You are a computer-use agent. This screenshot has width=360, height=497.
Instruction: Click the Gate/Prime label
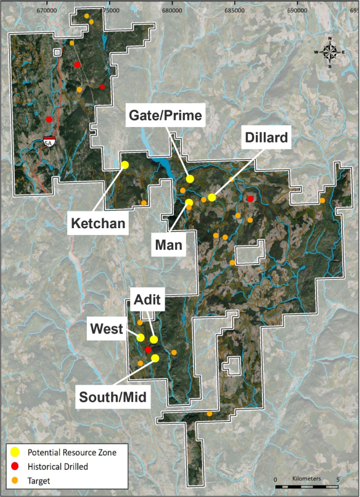click(165, 115)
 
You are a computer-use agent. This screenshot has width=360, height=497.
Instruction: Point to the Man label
click(169, 245)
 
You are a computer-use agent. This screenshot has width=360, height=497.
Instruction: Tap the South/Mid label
click(112, 397)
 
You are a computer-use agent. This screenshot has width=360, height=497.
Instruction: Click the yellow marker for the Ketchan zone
click(125, 165)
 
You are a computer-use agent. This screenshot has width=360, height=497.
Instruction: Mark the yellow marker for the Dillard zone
click(211, 197)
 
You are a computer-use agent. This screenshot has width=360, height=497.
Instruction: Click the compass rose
click(330, 52)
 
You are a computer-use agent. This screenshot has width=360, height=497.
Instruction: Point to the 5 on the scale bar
click(338, 479)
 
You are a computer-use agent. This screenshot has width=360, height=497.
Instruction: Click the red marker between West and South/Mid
click(148, 350)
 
